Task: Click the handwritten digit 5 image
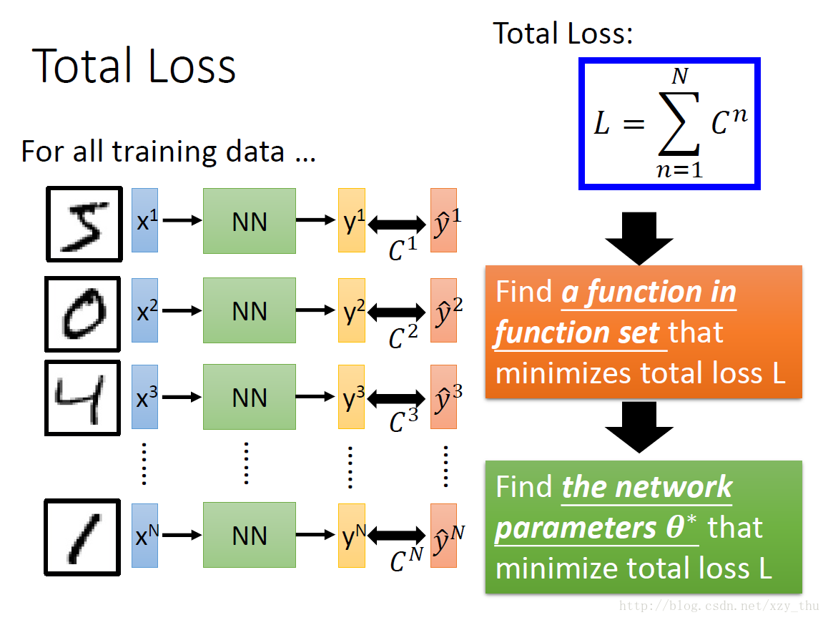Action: coord(82,223)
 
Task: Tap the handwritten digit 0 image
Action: coord(82,313)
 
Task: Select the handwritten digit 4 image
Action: coord(82,398)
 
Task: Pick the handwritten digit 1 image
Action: coord(82,536)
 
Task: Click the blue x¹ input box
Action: coord(144,220)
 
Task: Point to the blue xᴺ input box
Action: coord(144,536)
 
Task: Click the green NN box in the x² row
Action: coord(249,310)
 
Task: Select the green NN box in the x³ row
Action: coord(249,397)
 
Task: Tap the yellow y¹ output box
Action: coord(352,220)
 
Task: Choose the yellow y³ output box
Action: coord(352,397)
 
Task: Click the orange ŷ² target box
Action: coord(443,310)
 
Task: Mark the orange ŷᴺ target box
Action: coord(443,536)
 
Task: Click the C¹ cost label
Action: coord(402,249)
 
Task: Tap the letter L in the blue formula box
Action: coord(603,124)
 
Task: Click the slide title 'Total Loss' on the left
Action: coord(134,66)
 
